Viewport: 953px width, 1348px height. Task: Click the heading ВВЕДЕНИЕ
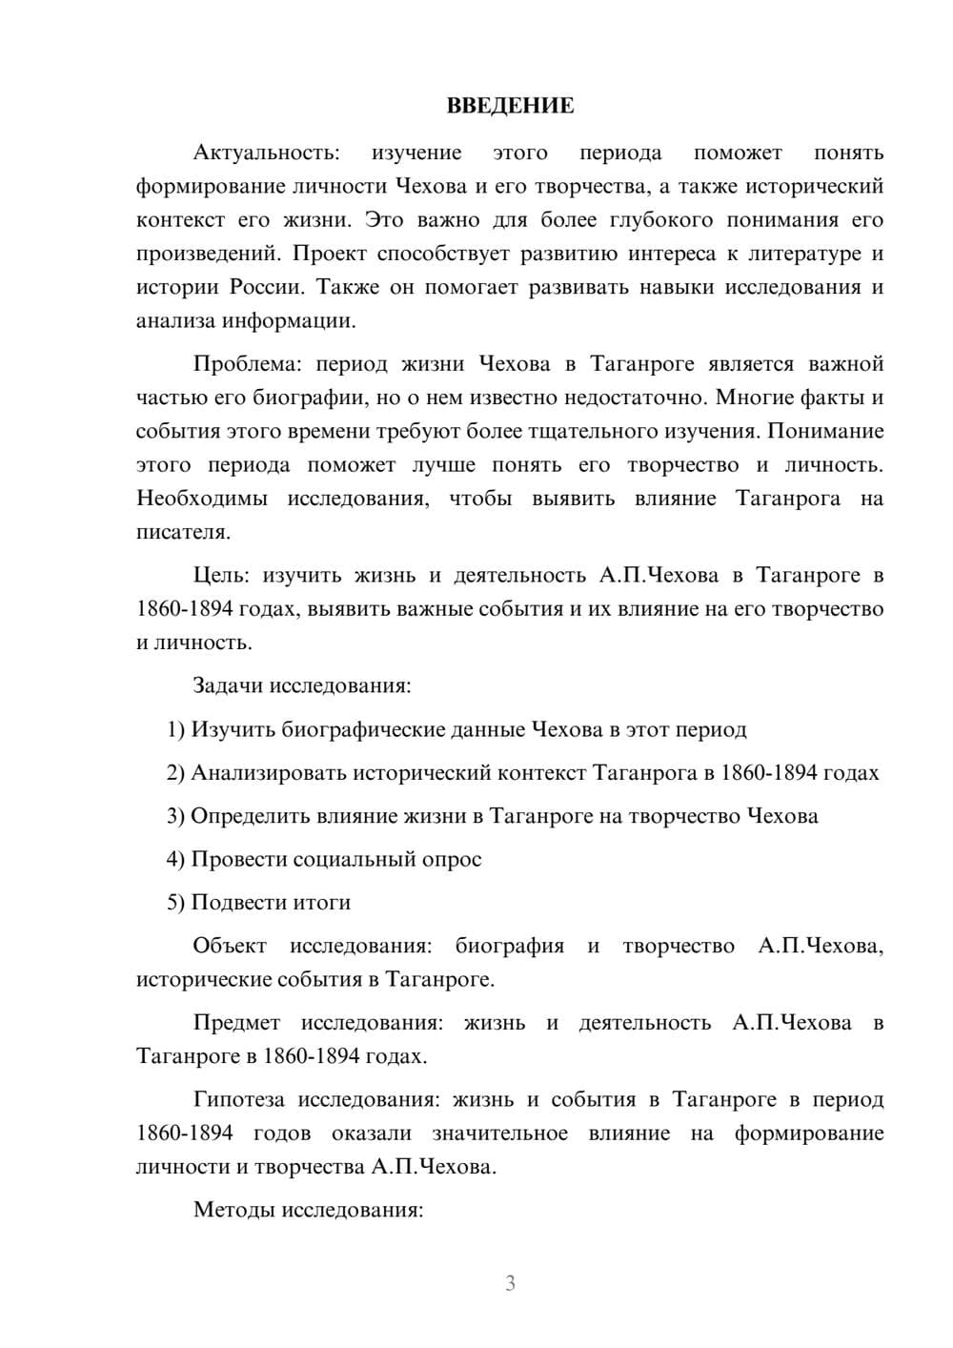pyautogui.click(x=510, y=106)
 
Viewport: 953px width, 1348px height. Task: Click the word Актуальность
pyautogui.click(x=265, y=153)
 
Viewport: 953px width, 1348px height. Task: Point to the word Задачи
pyautogui.click(x=229, y=685)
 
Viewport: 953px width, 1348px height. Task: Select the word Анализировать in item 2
pyautogui.click(x=269, y=772)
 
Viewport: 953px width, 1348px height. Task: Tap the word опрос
pyautogui.click(x=450, y=859)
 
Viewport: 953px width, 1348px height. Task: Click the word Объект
pyautogui.click(x=230, y=946)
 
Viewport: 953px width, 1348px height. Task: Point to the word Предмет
pyautogui.click(x=236, y=1023)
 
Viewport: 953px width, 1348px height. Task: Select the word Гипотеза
pyautogui.click(x=238, y=1099)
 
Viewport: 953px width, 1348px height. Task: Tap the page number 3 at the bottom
pyautogui.click(x=510, y=1283)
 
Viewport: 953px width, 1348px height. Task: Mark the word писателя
pyautogui.click(x=182, y=532)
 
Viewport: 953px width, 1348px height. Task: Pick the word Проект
pyautogui.click(x=330, y=254)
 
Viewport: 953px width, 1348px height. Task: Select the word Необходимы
pyautogui.click(x=201, y=499)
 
